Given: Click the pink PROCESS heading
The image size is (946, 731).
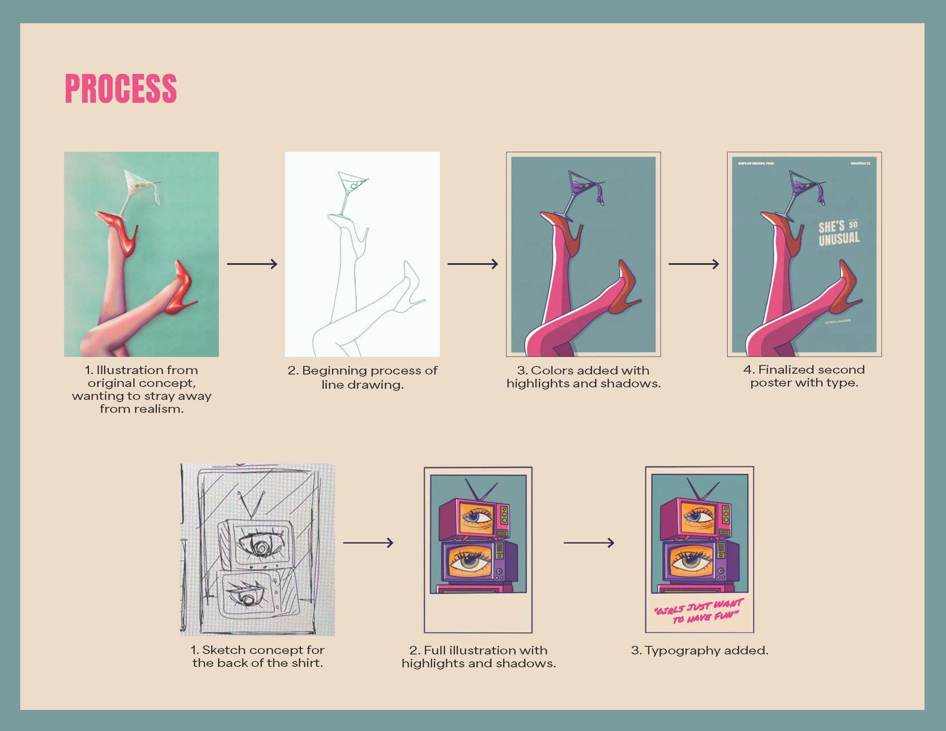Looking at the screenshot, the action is click(121, 88).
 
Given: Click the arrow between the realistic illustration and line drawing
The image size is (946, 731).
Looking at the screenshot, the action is click(252, 264).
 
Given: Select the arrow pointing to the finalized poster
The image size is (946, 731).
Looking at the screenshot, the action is click(694, 264).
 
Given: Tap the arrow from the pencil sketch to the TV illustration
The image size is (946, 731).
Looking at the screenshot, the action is click(368, 542).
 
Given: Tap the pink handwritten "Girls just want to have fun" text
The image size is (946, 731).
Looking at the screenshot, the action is click(699, 611).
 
